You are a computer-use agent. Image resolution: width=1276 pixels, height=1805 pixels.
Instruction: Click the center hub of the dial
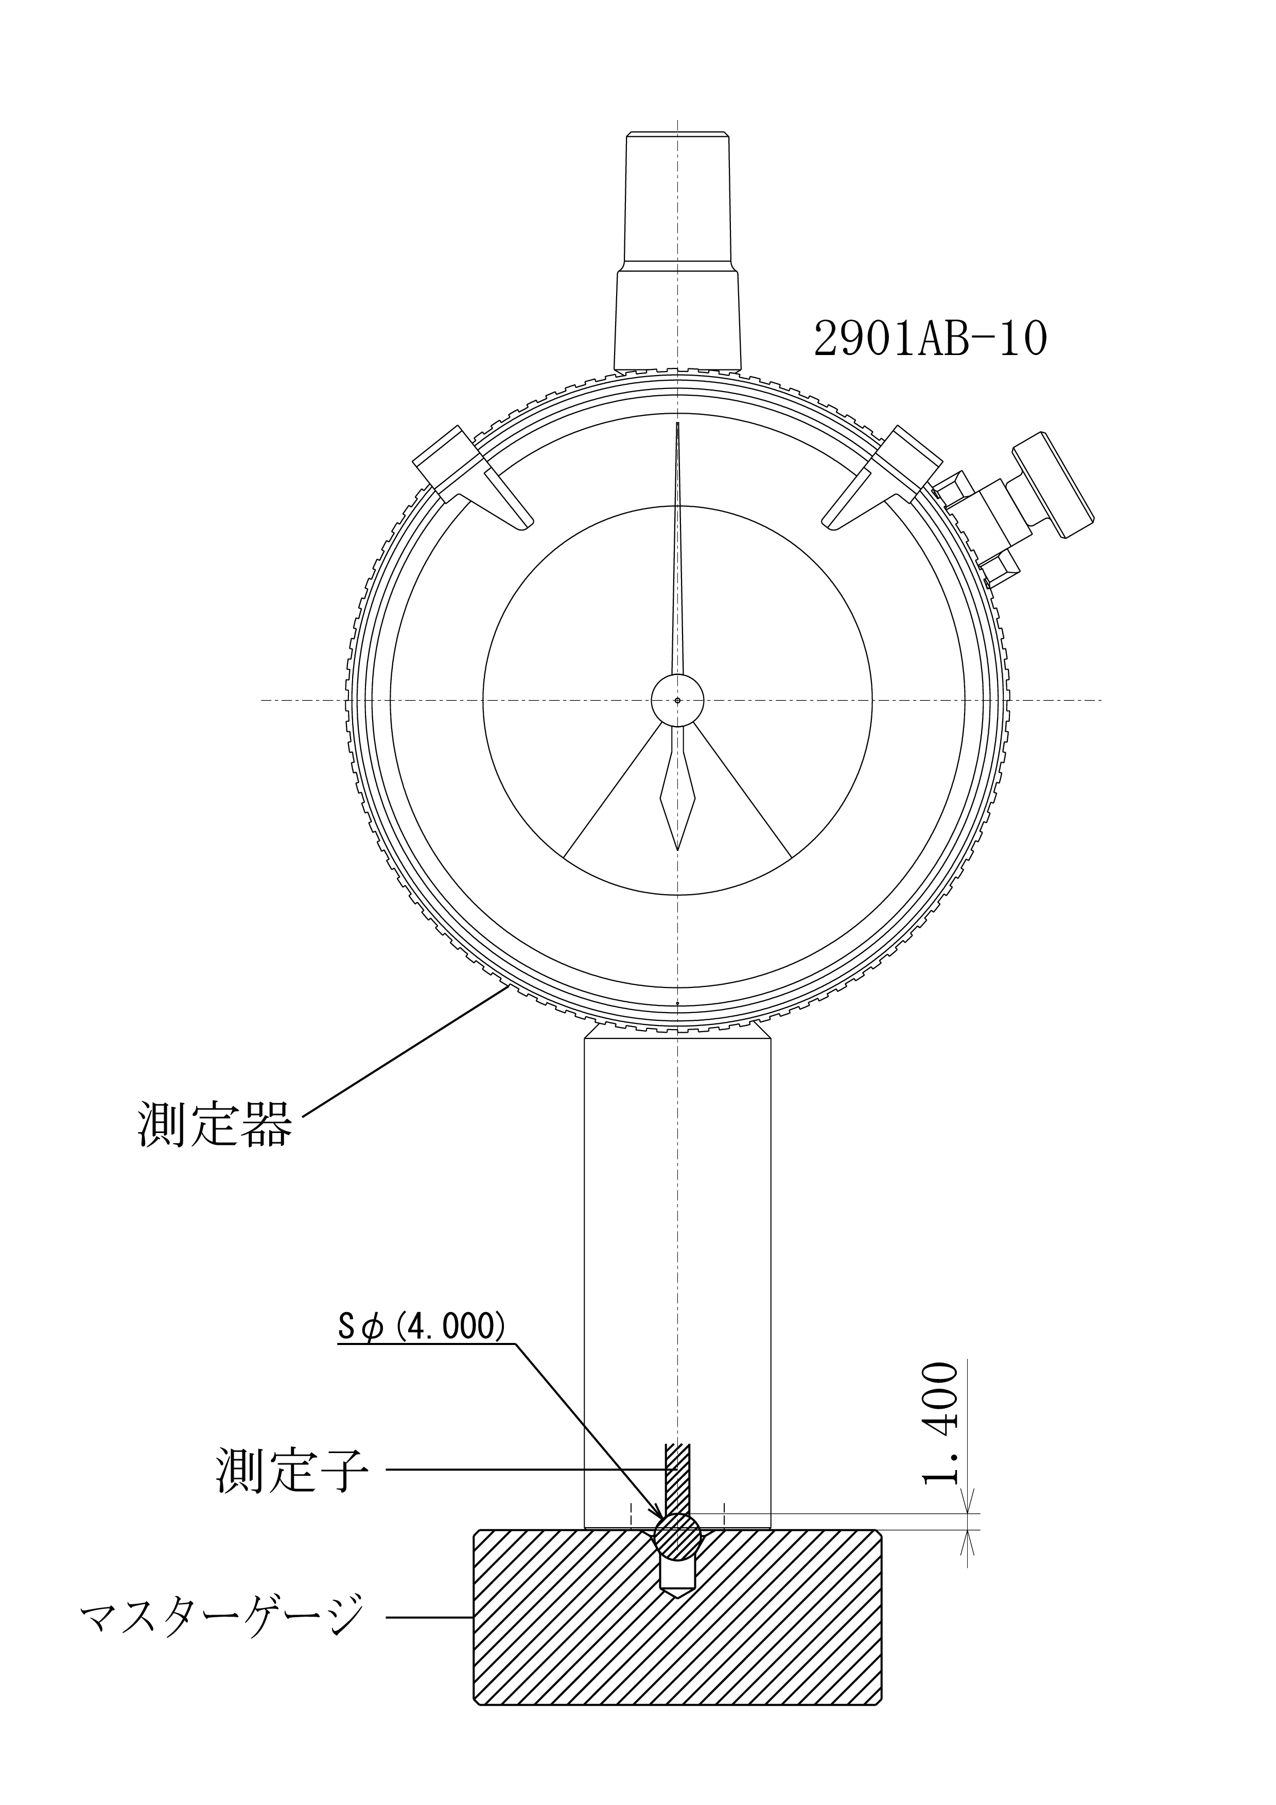coord(677,700)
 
